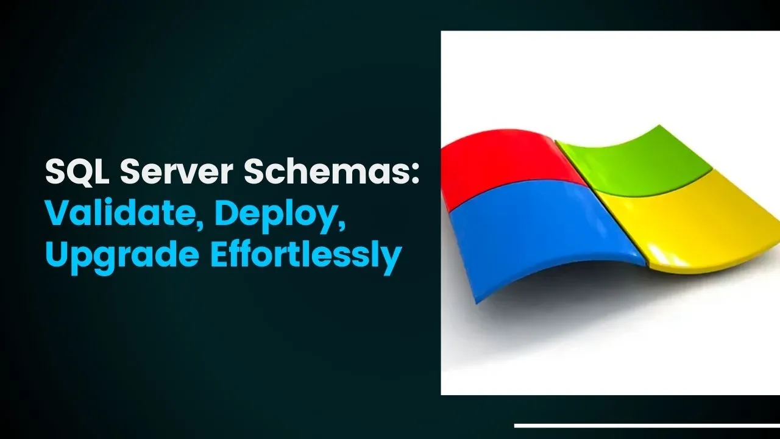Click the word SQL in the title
point(77,172)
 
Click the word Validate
point(120,213)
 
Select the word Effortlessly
point(306,255)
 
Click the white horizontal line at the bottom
point(647,426)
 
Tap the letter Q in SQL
point(79,173)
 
